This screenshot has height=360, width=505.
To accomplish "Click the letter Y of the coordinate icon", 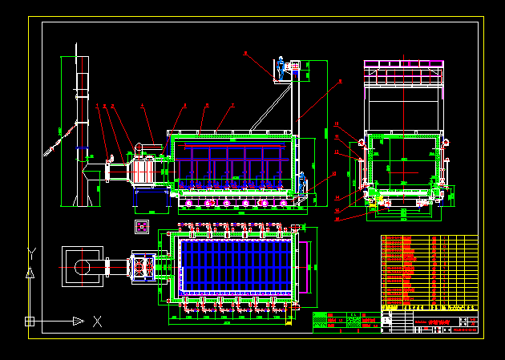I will pos(30,253).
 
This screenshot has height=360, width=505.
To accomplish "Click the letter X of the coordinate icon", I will pos(97,322).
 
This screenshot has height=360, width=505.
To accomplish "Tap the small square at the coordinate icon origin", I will pos(30,322).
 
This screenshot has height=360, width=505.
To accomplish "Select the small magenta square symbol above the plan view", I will pos(142,226).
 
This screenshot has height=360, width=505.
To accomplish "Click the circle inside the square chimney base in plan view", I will pos(82,266).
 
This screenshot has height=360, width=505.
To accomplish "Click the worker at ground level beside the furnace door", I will pos(303,182).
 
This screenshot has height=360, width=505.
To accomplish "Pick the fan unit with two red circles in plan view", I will pos(142,266).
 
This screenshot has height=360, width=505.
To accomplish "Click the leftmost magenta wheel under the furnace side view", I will pos(189,203).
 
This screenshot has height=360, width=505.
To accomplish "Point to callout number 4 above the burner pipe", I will pos(143,105).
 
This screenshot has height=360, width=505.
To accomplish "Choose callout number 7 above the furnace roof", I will pos(232,105).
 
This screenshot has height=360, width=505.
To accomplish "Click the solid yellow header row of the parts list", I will pos(429,307).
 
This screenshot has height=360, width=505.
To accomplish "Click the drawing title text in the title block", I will pos(439,322).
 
